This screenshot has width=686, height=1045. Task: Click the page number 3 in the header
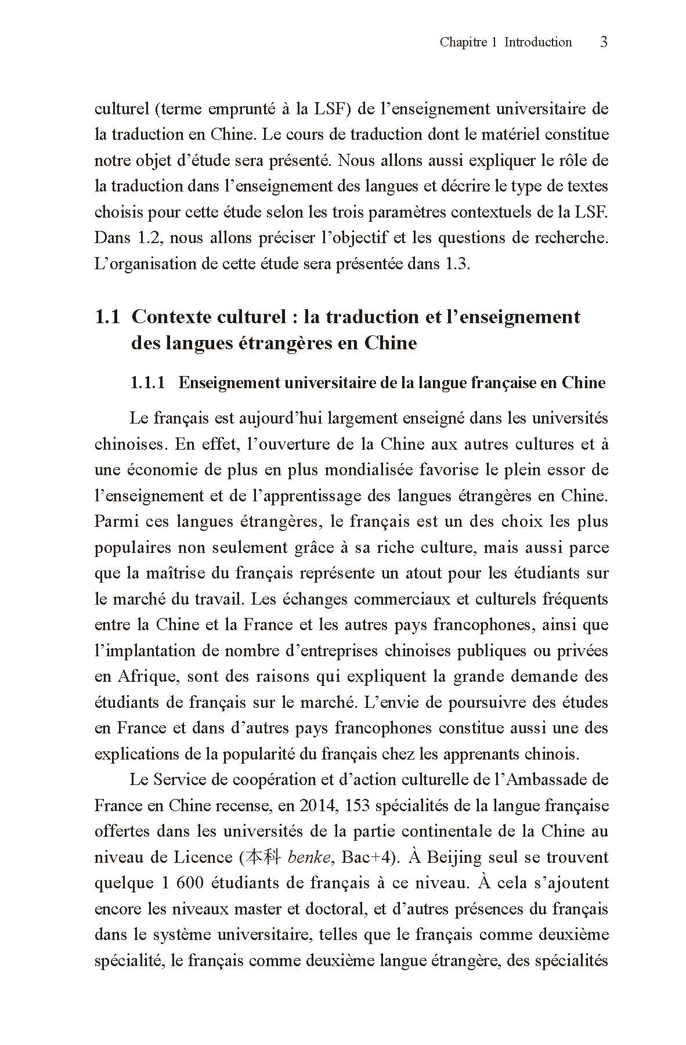603,42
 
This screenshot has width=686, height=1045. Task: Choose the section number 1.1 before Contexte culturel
107,317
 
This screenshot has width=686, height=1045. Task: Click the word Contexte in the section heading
169,317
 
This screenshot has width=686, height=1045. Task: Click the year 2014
316,805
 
